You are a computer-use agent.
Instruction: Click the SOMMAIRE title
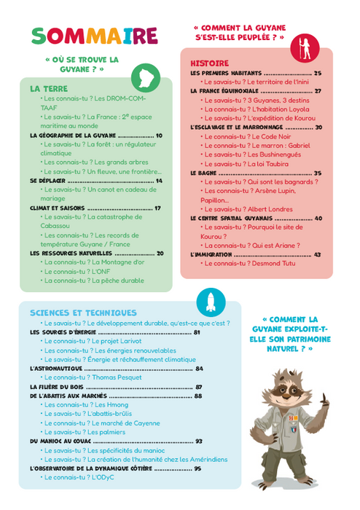tap(95, 35)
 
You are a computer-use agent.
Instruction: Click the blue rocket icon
tap(211, 302)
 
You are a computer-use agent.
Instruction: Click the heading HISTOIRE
tap(209, 63)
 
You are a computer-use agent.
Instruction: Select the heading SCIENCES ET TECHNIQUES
tap(83, 313)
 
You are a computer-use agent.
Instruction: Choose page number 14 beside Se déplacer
tap(158, 180)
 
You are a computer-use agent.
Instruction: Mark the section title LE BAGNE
tap(205, 173)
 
